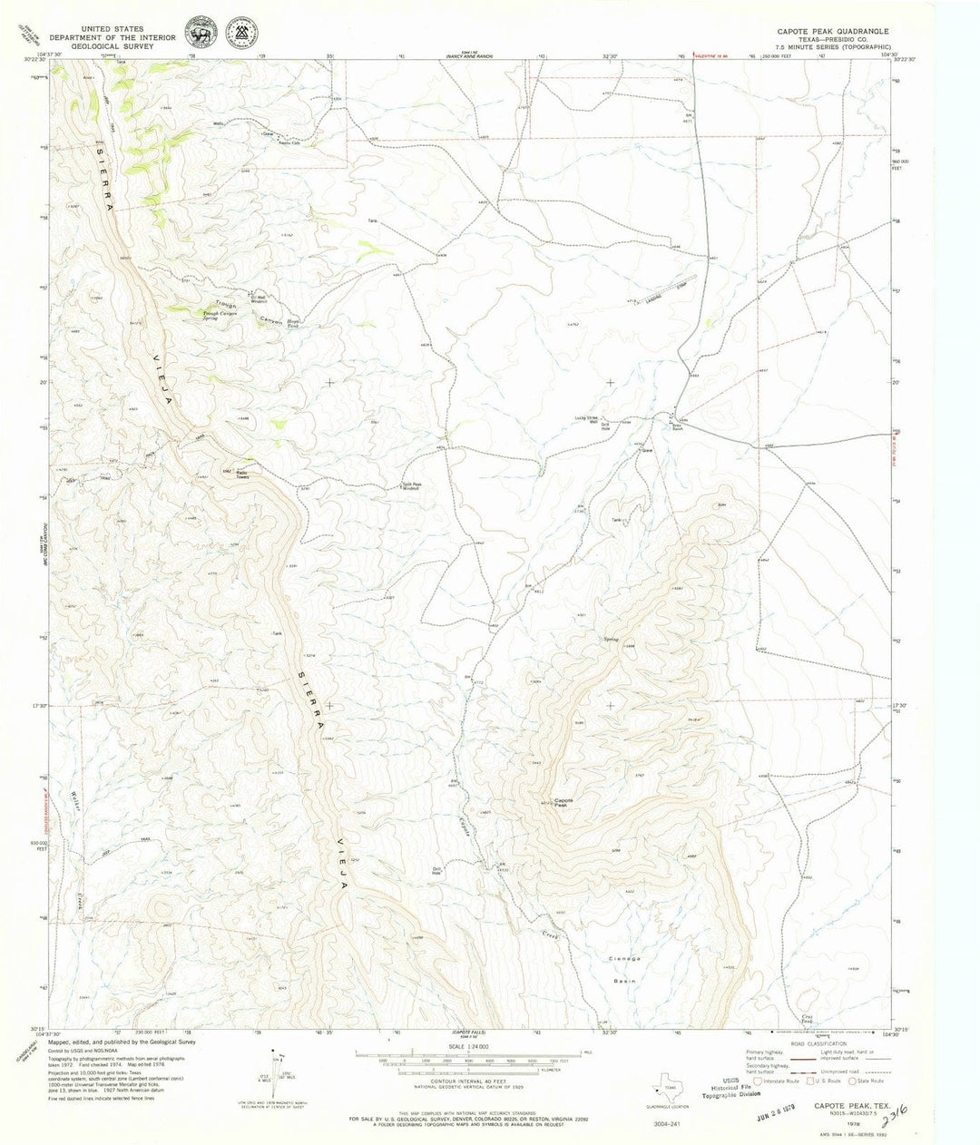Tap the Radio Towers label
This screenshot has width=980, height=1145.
pos(242,474)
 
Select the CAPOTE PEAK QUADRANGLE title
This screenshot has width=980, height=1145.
pos(831,31)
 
